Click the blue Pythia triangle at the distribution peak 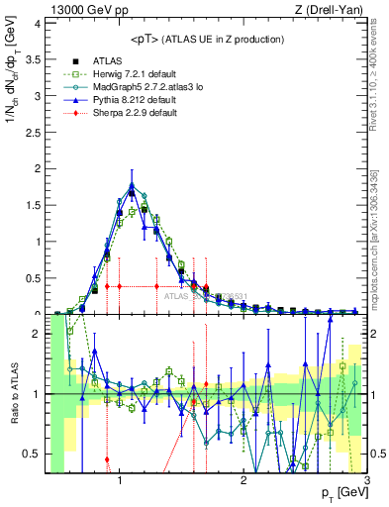(132, 184)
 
